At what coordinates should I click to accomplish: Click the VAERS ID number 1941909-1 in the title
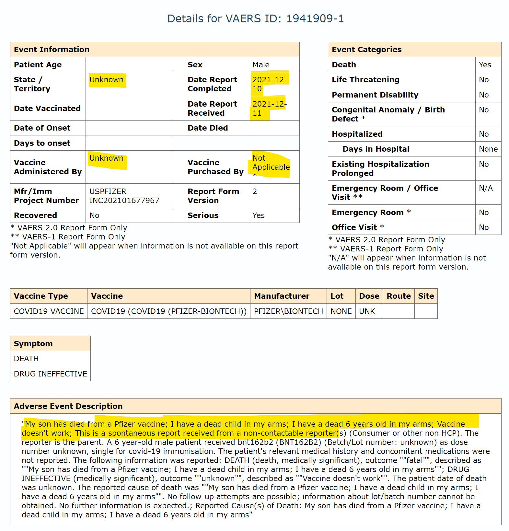[315, 19]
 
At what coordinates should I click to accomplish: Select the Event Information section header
[52, 50]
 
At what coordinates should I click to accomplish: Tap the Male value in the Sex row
[261, 65]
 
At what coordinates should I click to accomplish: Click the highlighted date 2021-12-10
[269, 84]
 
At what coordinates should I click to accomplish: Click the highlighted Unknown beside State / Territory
[106, 80]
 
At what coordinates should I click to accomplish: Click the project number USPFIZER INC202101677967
[124, 196]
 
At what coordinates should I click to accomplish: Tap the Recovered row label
[35, 215]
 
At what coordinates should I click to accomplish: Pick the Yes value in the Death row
[485, 65]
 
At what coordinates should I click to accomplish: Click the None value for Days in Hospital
[488, 149]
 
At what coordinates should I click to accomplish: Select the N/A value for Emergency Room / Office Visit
[486, 188]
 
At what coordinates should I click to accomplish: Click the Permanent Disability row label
[375, 95]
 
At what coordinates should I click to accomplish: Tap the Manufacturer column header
[282, 296]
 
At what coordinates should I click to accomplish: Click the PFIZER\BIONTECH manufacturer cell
[288, 311]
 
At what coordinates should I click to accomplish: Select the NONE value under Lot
[341, 311]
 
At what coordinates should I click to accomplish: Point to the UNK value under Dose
[367, 311]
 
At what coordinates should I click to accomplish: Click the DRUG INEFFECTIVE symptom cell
[50, 374]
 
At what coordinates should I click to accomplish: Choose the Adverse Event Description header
[68, 406]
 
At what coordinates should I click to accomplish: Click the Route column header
[399, 296]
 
